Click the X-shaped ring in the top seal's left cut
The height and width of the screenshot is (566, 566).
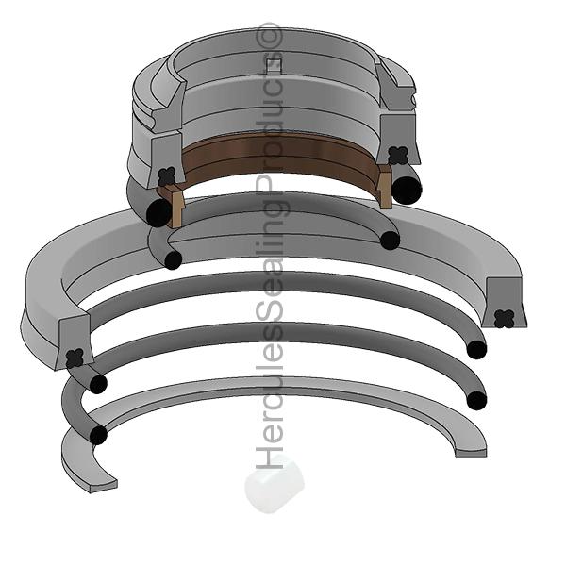(168, 175)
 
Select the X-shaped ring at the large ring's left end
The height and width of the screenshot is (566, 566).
(75, 358)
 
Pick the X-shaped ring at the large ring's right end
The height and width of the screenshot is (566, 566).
(505, 319)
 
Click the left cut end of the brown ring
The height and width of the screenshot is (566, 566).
(173, 207)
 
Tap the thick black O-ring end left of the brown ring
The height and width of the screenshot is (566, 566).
(158, 214)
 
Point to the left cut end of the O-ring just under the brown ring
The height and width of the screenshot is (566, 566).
(173, 259)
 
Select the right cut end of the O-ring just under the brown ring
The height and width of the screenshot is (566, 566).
(390, 240)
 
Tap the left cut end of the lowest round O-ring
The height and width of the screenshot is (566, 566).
(96, 435)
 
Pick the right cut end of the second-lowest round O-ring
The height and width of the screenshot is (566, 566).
(476, 349)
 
